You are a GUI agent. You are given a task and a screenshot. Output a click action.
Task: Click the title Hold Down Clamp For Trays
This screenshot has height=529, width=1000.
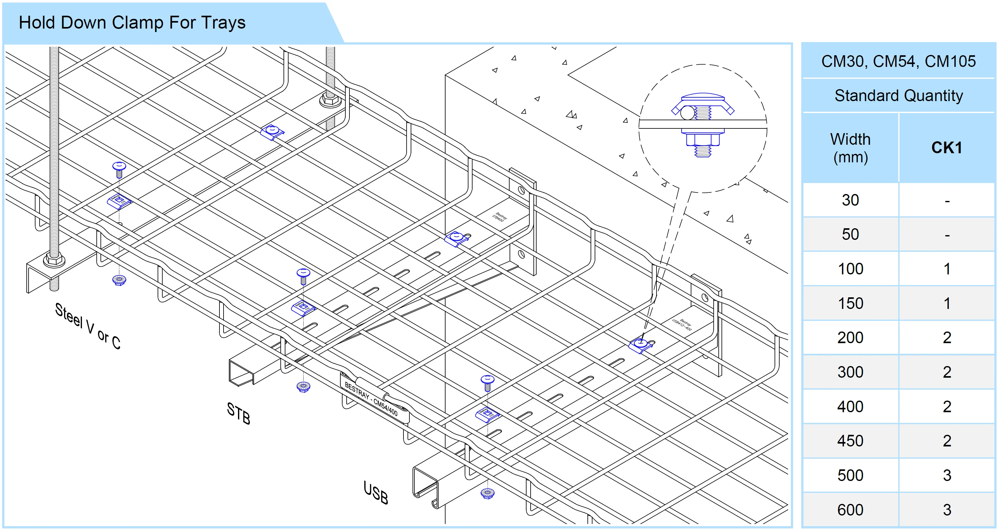click(132, 23)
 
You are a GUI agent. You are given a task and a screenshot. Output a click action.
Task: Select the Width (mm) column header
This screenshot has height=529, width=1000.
click(850, 148)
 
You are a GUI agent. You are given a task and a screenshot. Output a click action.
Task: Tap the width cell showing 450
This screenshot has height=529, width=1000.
click(850, 441)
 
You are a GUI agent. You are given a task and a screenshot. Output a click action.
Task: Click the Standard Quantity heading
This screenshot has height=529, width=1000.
click(898, 95)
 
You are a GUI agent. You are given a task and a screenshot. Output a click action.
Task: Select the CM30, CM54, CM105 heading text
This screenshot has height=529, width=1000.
click(898, 61)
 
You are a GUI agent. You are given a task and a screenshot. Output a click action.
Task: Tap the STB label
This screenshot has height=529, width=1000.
click(238, 413)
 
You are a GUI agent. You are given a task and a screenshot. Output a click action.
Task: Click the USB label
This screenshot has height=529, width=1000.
click(376, 493)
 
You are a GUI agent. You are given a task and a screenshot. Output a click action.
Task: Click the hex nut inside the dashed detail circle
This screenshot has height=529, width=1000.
click(702, 140)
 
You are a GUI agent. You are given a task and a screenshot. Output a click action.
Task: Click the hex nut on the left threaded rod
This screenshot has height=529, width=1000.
click(54, 260)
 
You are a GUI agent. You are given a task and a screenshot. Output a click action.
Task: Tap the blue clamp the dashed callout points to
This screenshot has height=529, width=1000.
click(640, 345)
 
